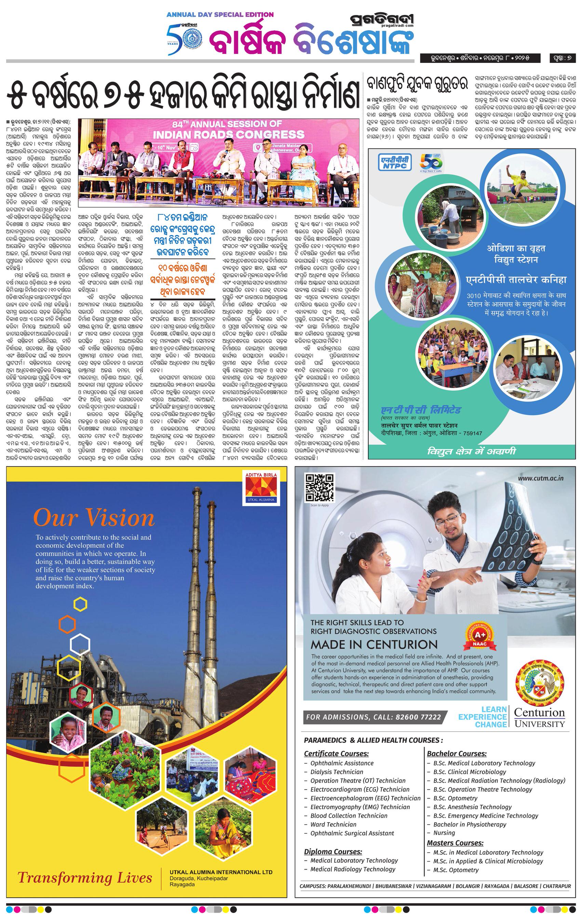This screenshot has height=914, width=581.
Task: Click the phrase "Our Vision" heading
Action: pos(94,518)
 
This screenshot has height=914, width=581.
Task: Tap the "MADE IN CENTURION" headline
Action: pos(374,645)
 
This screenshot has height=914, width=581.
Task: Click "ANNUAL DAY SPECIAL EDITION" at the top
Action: pos(220,15)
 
